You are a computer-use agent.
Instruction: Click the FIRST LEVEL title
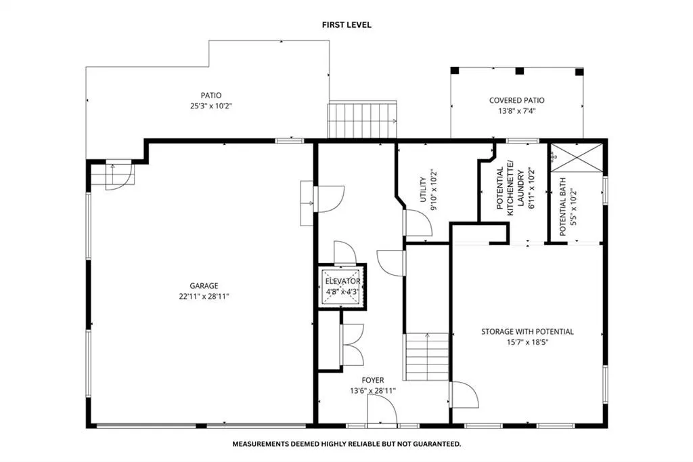346,25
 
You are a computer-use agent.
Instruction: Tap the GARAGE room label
204,286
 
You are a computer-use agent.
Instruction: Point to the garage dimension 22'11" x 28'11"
204,297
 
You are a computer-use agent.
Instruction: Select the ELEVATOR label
342,281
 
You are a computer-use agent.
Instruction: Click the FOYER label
373,380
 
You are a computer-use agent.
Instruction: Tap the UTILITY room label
423,190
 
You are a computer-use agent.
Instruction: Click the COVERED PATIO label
516,100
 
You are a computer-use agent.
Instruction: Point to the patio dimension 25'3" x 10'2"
211,106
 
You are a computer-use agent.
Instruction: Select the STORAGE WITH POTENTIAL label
527,331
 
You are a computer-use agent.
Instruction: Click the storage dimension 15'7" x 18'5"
527,342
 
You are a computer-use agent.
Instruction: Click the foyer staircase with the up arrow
427,357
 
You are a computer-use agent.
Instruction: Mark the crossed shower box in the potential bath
577,157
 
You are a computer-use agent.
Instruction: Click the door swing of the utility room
418,223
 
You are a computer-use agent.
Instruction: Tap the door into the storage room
464,395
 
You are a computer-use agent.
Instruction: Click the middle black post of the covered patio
520,70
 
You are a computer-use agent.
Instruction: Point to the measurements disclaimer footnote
346,444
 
